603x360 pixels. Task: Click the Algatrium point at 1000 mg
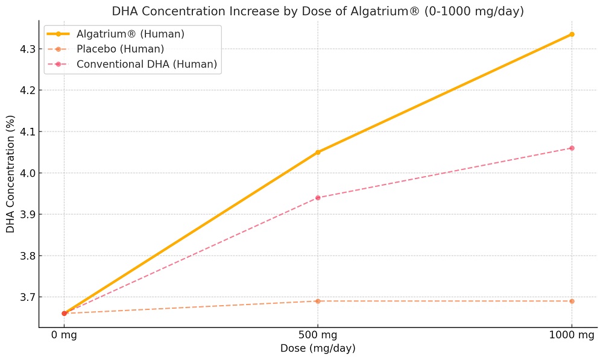(572, 34)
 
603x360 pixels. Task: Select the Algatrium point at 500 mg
(318, 152)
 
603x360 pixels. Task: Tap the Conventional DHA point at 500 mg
(318, 198)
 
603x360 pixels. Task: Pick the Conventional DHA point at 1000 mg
(572, 148)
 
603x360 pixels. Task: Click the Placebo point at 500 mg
(318, 301)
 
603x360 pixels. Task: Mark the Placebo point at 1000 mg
(572, 301)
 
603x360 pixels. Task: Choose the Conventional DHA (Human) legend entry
(147, 64)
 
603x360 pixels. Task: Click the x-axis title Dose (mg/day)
(318, 349)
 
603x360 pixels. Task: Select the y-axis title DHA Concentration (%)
(10, 173)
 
